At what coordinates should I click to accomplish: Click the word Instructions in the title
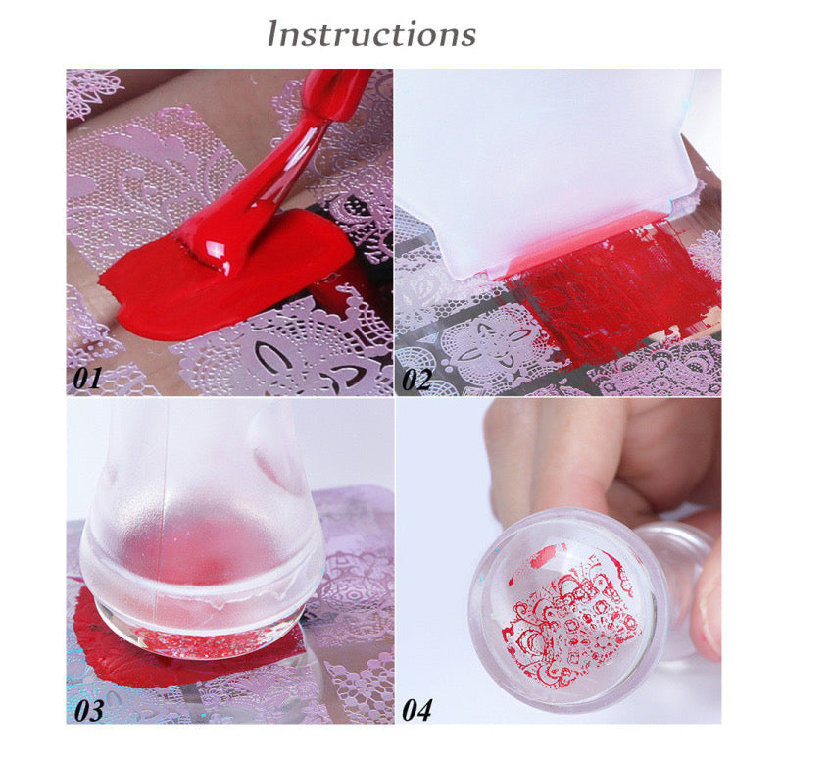[x=371, y=33]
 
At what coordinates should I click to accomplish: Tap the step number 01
[x=87, y=379]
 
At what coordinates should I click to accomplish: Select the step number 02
[x=416, y=380]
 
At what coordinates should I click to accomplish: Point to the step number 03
[x=88, y=710]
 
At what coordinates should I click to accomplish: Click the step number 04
[x=417, y=710]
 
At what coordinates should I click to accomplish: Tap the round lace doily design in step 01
[x=281, y=350]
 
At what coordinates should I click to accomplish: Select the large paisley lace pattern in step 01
[x=154, y=176]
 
